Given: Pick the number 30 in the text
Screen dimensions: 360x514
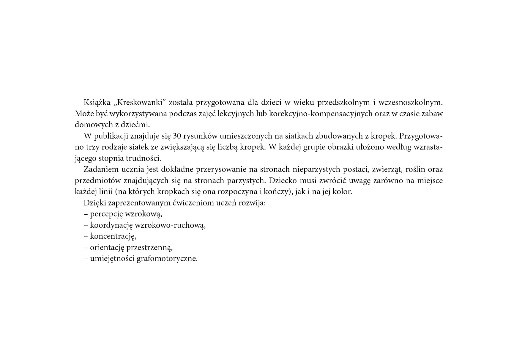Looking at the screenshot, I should pyautogui.click(x=177, y=136).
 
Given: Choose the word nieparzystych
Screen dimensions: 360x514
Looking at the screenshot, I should pyautogui.click(x=316, y=169).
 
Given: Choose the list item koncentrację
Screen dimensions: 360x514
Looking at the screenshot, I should pyautogui.click(x=113, y=236).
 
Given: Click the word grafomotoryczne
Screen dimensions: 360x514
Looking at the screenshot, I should pyautogui.click(x=167, y=259).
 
